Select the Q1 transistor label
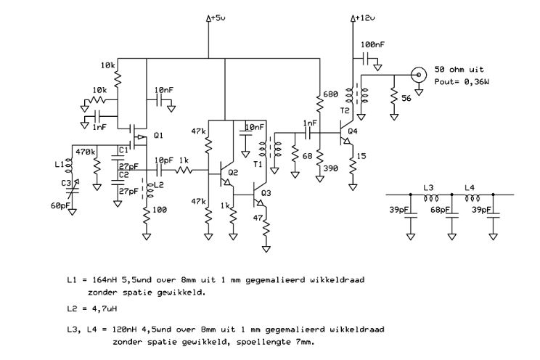[158, 136]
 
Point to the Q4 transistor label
[353, 131]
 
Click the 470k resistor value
[86, 151]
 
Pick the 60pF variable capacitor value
[60, 206]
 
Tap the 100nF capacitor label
[372, 44]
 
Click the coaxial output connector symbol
[419, 75]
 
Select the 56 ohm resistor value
[406, 98]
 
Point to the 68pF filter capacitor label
[440, 210]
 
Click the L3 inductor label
[428, 188]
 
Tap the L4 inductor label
[470, 188]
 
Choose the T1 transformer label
[258, 164]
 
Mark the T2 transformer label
[344, 110]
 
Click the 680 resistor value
[331, 94]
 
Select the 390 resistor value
[331, 168]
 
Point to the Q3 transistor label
[266, 193]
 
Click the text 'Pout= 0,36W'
[462, 81]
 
